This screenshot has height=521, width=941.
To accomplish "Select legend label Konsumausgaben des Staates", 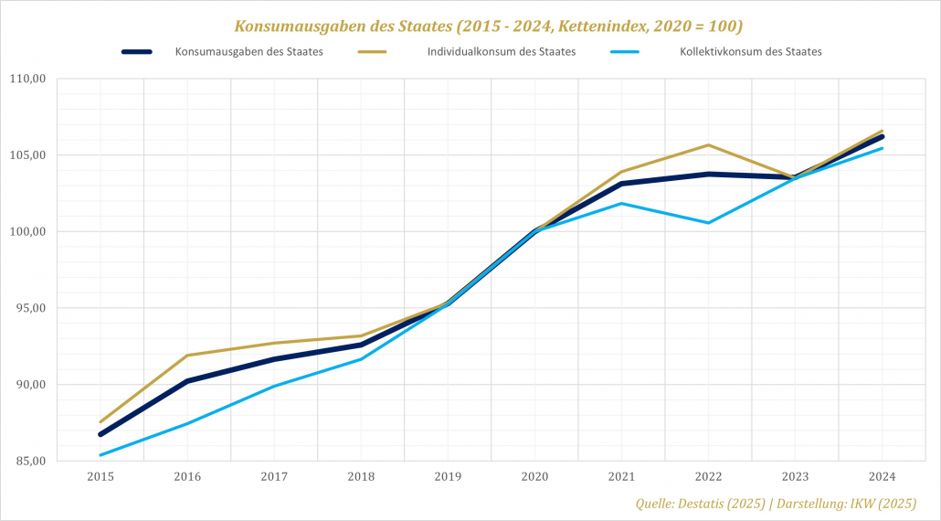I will click(x=249, y=52).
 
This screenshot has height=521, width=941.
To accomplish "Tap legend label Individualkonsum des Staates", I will click(x=502, y=52).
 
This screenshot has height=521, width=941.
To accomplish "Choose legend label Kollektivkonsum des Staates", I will click(x=751, y=52).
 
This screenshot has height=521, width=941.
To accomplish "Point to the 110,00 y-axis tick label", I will click(x=27, y=79).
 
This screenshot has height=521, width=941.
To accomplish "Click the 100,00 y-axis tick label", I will click(x=27, y=231).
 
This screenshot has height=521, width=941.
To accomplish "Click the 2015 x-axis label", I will click(x=100, y=477).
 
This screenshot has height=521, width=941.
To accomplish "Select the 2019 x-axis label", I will click(x=448, y=477).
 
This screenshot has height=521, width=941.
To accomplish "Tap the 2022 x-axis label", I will click(x=708, y=477).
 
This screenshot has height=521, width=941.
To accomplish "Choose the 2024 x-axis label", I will click(x=882, y=477).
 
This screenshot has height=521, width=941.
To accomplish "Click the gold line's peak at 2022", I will click(x=708, y=145).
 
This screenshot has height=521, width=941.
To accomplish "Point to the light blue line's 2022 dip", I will click(x=708, y=223).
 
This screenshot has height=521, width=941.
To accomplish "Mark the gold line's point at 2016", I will click(x=187, y=356).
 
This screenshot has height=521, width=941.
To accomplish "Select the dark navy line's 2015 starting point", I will click(x=100, y=434).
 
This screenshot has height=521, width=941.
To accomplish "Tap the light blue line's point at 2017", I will click(x=274, y=386).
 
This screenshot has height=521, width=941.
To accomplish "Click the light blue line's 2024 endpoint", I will click(x=882, y=148).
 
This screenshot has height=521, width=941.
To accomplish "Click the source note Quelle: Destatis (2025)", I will click(x=698, y=504).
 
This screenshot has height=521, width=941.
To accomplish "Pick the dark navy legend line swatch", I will click(x=137, y=52).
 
